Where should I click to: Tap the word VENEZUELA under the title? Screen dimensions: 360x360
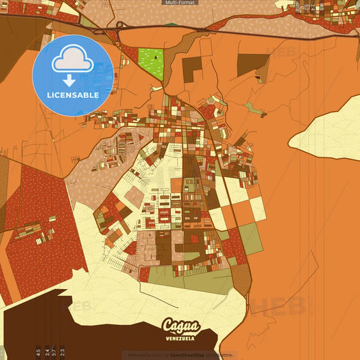coord(180,336)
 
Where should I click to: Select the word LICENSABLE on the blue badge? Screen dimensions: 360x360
coord(73,95)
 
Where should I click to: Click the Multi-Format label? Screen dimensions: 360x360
coord(180,3)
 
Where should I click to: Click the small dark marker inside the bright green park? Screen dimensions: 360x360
coord(156,57)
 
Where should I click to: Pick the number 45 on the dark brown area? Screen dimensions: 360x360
coord(38,351)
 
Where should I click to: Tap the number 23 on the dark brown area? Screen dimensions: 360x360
coord(63,351)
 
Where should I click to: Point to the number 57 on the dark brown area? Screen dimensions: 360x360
coord(54,351)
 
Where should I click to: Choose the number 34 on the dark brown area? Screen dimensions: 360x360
coord(46,351)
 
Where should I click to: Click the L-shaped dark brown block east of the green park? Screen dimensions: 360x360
coord(192,68)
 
